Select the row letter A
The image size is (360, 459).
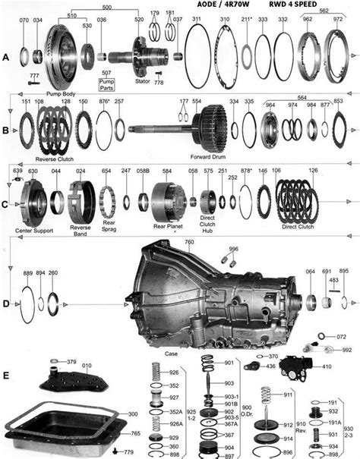tap(7, 56)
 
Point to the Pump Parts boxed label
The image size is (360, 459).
tap(106, 79)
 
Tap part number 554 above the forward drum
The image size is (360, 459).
tap(197, 102)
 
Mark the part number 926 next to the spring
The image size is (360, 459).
tap(175, 373)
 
